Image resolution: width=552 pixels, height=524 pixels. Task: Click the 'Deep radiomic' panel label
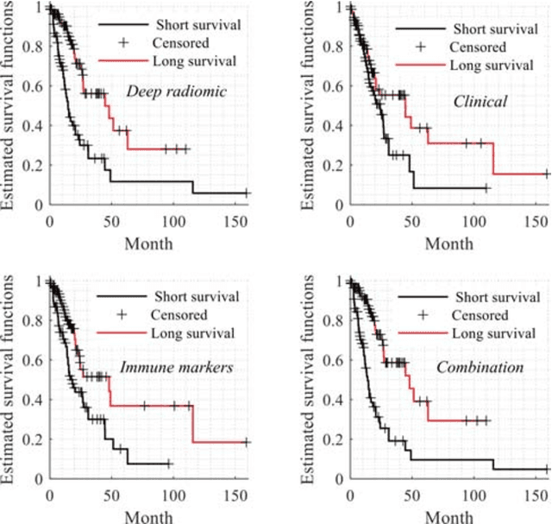tap(165, 91)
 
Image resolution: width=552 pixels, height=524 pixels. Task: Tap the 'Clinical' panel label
tap(480, 102)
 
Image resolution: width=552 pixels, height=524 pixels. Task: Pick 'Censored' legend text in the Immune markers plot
tap(177, 315)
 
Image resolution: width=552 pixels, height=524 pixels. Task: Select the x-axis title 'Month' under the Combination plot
tap(448, 516)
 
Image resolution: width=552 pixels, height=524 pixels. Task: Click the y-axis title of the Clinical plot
tap(308, 104)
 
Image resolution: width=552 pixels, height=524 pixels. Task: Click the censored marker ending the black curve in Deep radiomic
tap(247, 193)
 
